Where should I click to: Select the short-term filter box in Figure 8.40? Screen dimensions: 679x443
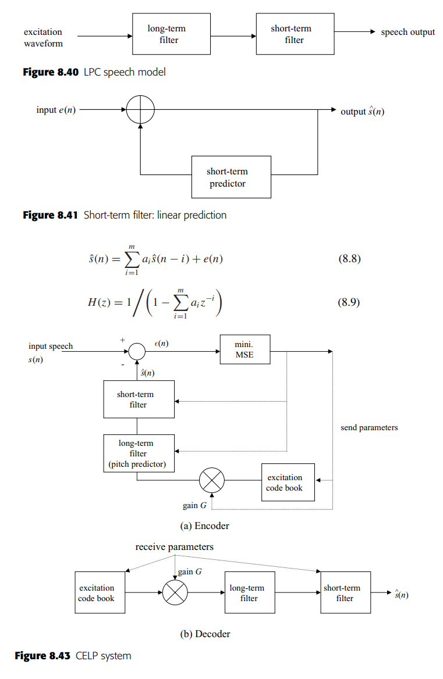(x=295, y=34)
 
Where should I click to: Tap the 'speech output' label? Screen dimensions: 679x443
(x=407, y=32)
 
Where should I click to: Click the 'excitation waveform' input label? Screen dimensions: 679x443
(x=43, y=37)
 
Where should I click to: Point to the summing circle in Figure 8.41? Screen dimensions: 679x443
(x=140, y=110)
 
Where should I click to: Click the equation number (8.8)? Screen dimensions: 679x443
(x=349, y=259)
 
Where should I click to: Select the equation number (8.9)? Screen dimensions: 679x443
(x=349, y=302)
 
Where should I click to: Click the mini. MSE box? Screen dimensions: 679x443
(x=244, y=349)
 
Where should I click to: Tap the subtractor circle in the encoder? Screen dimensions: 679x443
(x=137, y=351)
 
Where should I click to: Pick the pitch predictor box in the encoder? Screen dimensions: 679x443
(x=139, y=453)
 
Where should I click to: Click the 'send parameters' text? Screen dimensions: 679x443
(x=369, y=428)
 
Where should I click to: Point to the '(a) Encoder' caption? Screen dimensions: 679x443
(x=204, y=526)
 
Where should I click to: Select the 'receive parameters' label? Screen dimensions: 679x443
(x=174, y=547)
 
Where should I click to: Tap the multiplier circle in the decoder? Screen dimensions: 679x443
(x=175, y=592)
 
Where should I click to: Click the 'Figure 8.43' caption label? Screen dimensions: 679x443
(x=44, y=656)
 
